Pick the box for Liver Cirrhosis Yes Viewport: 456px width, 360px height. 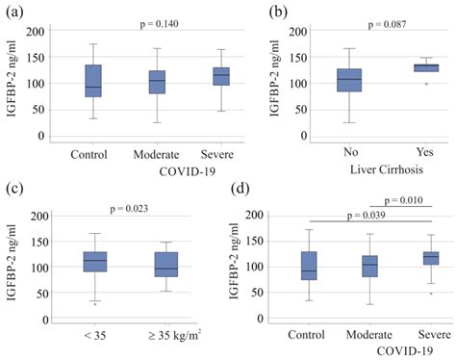398,67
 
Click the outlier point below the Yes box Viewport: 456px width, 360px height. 398,84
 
